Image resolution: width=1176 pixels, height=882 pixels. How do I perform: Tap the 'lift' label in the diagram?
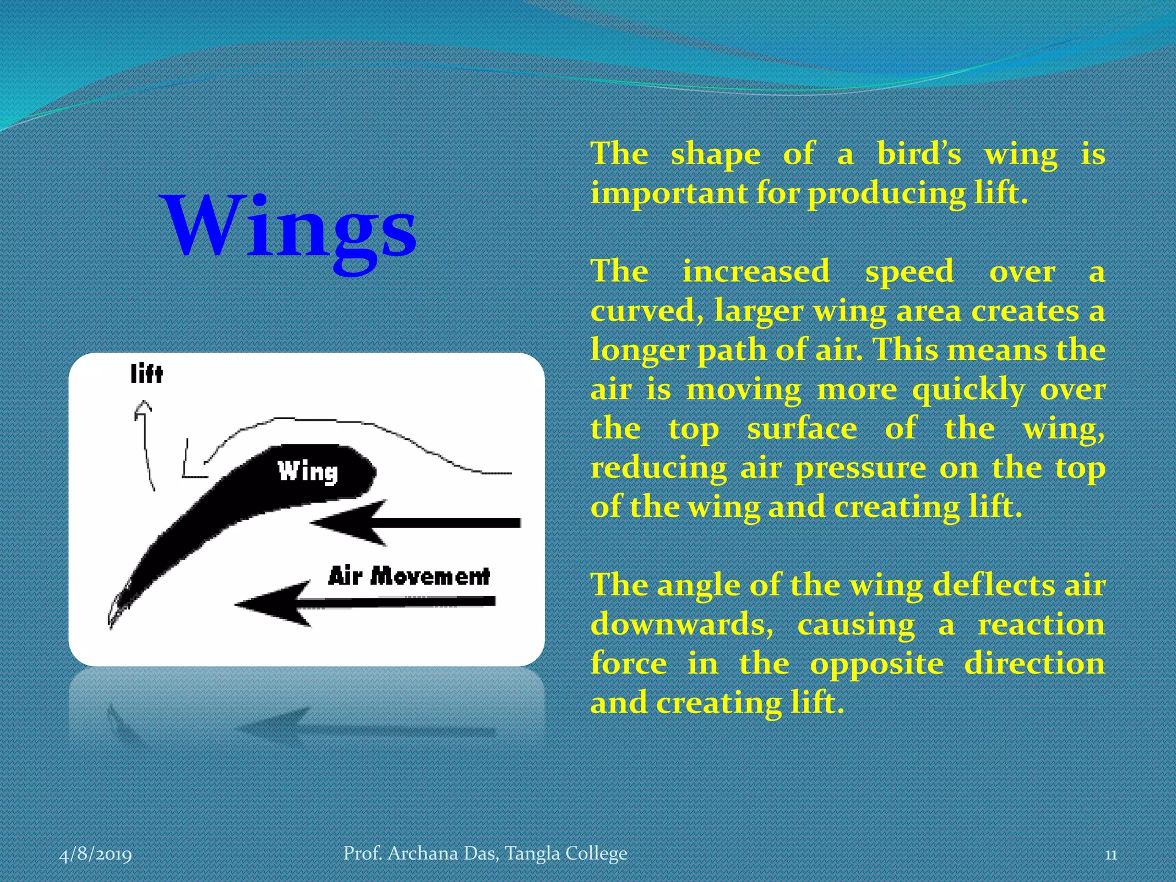click(146, 374)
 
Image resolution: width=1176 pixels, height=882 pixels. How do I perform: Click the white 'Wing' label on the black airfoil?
click(308, 471)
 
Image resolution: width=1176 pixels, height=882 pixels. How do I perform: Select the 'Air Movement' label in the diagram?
click(409, 575)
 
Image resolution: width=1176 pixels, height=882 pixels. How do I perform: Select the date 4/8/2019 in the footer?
click(95, 854)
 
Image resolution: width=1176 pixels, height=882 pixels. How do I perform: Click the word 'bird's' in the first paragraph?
click(919, 154)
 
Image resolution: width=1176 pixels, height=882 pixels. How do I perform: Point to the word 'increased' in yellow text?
click(756, 271)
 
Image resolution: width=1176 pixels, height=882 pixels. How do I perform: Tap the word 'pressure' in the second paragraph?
click(860, 468)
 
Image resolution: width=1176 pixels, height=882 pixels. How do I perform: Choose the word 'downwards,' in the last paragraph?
click(682, 625)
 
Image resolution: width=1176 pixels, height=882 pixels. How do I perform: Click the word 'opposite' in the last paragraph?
click(876, 664)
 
